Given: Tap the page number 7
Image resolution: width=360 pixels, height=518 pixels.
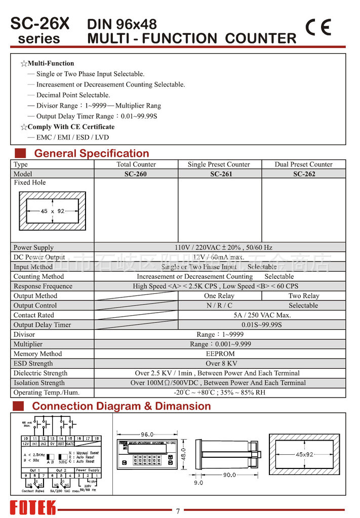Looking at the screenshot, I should pos(178,511).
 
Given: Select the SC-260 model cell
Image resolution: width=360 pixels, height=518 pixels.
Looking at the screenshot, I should pos(136,174).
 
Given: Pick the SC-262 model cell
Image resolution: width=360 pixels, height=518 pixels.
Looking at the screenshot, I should pos(304,174).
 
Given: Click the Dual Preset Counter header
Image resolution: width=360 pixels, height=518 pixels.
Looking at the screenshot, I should pos(304,164).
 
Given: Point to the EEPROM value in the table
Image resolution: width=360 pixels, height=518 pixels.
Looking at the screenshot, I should pos(220,354).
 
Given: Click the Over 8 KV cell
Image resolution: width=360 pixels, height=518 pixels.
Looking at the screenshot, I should pos(220,364).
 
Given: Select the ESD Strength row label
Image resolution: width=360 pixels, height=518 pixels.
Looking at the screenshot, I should pos(33,364).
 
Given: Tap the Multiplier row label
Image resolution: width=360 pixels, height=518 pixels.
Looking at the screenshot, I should pos(28,344).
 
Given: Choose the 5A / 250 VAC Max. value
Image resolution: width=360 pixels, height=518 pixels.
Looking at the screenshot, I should pos(262,315).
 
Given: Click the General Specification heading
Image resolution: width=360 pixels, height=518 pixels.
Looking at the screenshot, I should pos(92,153).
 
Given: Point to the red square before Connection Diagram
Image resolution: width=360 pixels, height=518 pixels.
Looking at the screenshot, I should pos(19,406).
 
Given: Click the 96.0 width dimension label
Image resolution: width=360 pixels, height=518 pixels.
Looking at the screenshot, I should pos(147,434).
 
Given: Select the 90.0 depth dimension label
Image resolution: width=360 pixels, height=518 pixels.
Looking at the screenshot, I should pos(228,474).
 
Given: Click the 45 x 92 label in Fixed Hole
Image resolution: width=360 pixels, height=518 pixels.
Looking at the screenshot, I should pos(53,211).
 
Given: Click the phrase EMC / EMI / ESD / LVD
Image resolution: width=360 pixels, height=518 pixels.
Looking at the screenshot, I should pos(72,137).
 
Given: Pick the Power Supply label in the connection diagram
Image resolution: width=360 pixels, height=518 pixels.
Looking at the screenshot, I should pos(88,470).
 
